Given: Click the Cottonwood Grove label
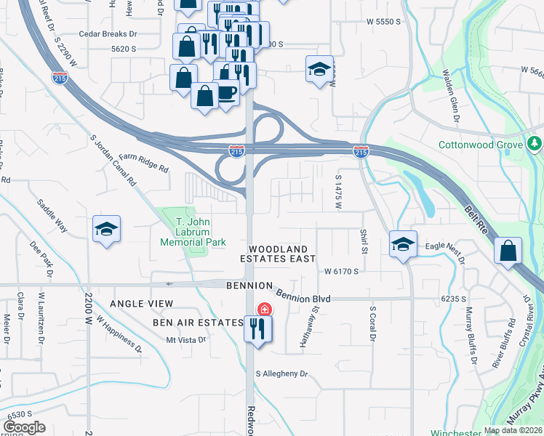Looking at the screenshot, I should [481, 145].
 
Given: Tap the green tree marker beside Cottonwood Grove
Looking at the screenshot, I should [536, 144].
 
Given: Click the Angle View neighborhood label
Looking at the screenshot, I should [142, 303].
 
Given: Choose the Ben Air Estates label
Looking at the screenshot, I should [197, 322].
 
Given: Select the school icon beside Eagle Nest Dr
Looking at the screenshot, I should [402, 245].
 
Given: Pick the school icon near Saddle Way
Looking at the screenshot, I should [106, 229].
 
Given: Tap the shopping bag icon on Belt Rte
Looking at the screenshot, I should [507, 251].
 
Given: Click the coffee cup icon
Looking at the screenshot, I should [226, 92].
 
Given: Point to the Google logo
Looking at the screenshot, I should [23, 427].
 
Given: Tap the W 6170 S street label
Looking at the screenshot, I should [342, 271].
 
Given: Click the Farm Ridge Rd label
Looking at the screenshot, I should [144, 162].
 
